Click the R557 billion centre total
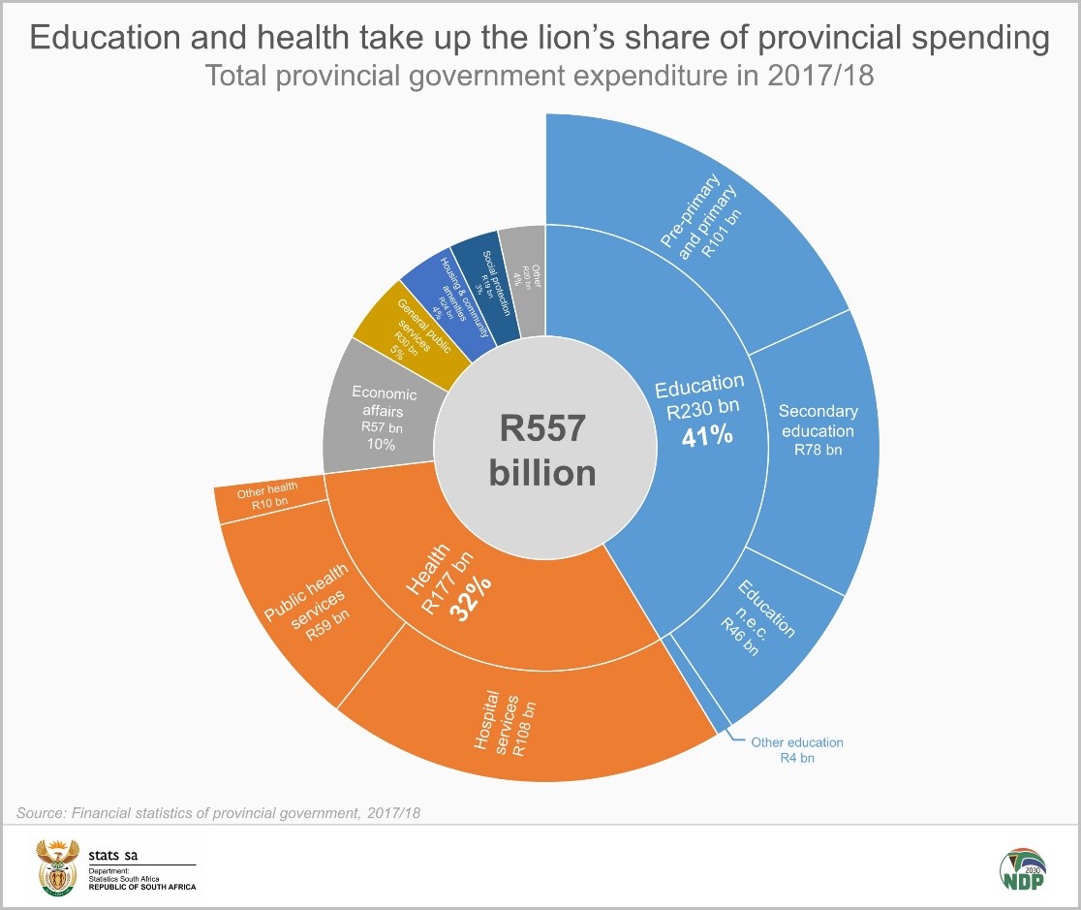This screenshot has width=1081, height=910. [x=542, y=451]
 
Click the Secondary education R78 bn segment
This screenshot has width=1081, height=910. [x=816, y=431]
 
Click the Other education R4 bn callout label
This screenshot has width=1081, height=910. [x=796, y=750]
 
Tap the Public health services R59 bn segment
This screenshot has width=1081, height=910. [x=307, y=611]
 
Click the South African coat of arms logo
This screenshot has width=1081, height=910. [x=57, y=866]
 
